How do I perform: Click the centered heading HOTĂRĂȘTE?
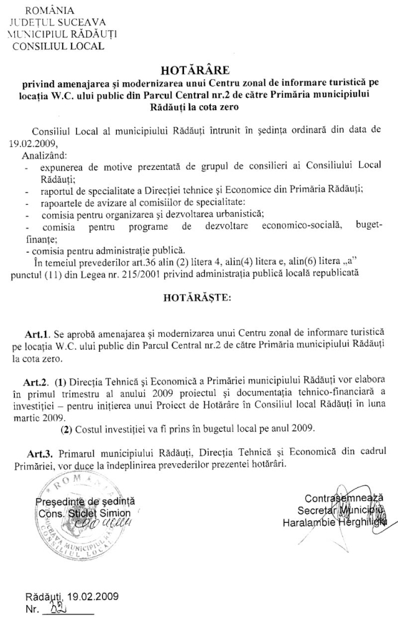coord(197,298)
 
